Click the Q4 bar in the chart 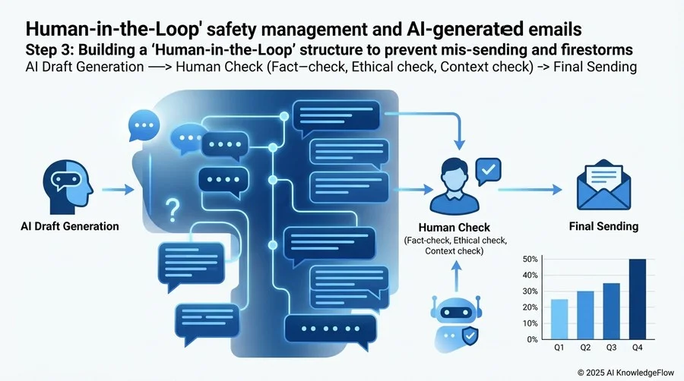tap(638, 299)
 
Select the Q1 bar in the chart tap(559, 320)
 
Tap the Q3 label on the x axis tap(611, 348)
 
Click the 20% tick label tap(530, 307)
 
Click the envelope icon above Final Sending tap(603, 184)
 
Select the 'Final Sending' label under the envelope tap(603, 226)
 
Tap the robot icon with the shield tap(456, 323)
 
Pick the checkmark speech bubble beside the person tap(488, 170)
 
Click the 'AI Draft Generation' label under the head tap(70, 226)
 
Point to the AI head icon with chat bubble tap(68, 187)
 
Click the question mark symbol tap(173, 210)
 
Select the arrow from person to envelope tap(530, 190)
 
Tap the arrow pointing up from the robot tap(456, 276)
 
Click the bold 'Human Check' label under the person tap(454, 228)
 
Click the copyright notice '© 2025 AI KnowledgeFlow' tap(625, 373)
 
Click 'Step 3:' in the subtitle tap(49, 50)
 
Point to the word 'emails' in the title tap(555, 30)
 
